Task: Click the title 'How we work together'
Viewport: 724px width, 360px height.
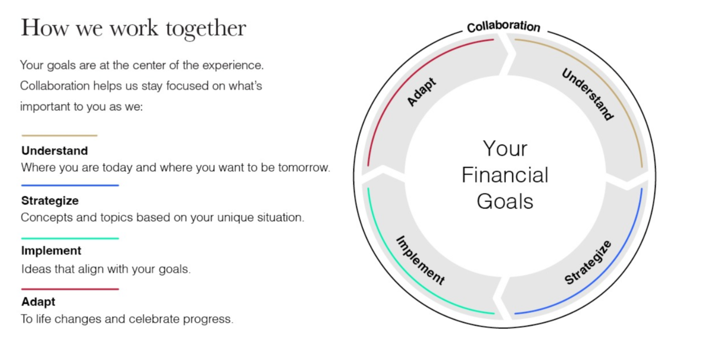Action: (134, 29)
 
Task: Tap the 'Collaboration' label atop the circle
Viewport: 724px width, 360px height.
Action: (504, 26)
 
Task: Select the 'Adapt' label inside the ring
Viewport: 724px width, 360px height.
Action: (421, 92)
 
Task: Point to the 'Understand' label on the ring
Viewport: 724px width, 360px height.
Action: (587, 94)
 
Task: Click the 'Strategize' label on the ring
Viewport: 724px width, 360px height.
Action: (588, 262)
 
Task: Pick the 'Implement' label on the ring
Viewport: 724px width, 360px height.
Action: (420, 260)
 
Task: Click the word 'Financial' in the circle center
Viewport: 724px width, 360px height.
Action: (505, 175)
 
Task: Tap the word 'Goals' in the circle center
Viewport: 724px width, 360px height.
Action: (505, 202)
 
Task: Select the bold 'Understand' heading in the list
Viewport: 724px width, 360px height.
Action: (54, 151)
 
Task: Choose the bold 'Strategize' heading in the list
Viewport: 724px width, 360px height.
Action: (50, 201)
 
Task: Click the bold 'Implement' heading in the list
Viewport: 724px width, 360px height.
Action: (51, 251)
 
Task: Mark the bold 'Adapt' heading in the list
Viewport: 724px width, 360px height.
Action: (38, 301)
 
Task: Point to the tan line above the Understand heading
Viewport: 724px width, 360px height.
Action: (59, 136)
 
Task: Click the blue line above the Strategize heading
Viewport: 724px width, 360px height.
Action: (70, 185)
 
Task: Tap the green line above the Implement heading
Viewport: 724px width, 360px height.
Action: (70, 239)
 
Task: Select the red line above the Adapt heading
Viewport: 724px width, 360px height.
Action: (70, 289)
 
